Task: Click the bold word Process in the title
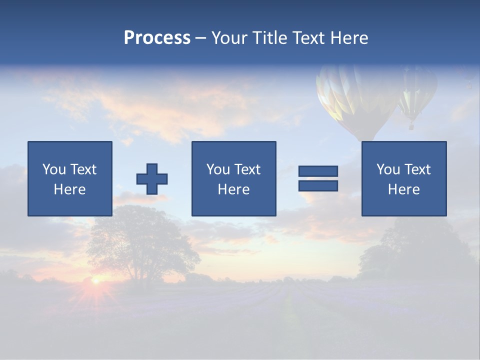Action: click(157, 38)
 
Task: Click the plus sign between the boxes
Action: click(152, 179)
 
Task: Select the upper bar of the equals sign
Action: click(318, 171)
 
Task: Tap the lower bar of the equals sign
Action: click(318, 185)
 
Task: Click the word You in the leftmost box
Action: click(54, 169)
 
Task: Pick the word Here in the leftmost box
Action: click(69, 189)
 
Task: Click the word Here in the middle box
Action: click(233, 189)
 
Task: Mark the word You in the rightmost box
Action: click(388, 169)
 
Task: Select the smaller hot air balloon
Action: click(416, 90)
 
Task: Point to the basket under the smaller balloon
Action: click(411, 126)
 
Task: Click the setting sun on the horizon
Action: click(95, 281)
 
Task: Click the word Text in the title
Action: click(308, 38)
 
